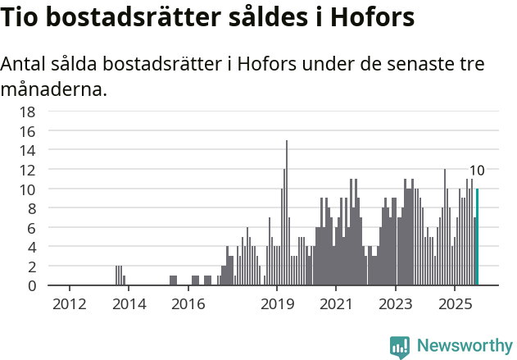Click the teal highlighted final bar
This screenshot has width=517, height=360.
tap(477, 238)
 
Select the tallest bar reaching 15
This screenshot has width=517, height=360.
tap(287, 213)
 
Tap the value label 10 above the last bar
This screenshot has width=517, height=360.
tap(477, 171)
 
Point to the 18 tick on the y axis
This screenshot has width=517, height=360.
tap(28, 112)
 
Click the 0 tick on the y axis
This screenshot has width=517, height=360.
tap(32, 286)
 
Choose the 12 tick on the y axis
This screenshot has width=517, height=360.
tap(28, 170)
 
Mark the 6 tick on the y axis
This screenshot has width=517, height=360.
tap(32, 228)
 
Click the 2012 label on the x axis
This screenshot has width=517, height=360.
tap(70, 304)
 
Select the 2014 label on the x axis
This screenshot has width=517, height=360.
tap(129, 304)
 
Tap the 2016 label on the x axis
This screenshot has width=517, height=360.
tap(188, 304)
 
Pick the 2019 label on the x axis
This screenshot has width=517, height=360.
tap(277, 304)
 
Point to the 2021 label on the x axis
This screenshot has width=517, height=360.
tap(336, 304)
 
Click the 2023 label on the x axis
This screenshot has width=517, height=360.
tap(396, 304)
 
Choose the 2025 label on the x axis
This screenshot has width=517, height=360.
tap(455, 304)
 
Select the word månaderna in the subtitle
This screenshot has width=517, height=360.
tap(53, 89)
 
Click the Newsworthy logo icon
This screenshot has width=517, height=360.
tap(400, 347)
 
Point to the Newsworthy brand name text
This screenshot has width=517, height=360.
tap(464, 346)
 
